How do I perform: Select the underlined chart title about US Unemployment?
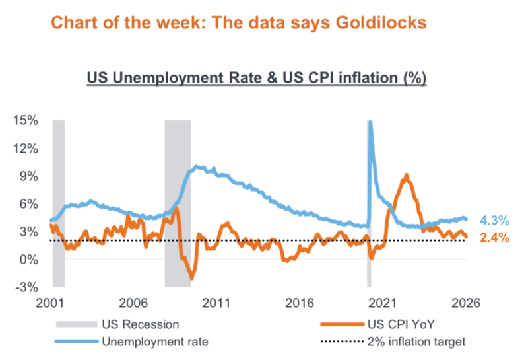(x=257, y=78)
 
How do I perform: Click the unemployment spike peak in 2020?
(x=370, y=122)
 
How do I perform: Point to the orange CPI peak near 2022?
(x=407, y=176)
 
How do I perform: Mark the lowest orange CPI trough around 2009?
(x=192, y=278)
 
